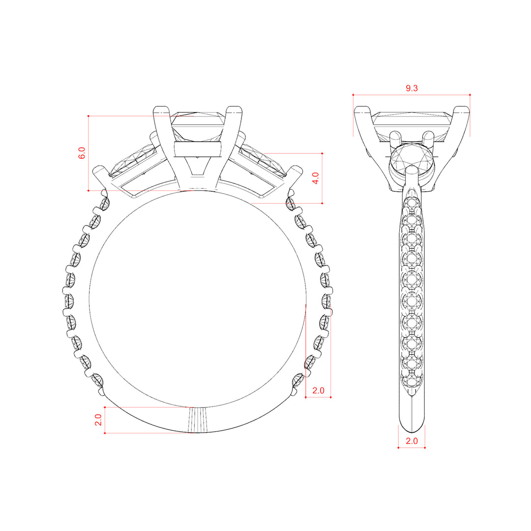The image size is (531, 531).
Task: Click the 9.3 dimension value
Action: tap(412, 88)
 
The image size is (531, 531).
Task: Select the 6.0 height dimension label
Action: tap(82, 153)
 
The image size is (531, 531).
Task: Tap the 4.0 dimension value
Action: tap(315, 178)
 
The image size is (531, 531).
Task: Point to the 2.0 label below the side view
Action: tap(412, 441)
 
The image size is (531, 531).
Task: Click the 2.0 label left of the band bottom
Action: tap(98, 420)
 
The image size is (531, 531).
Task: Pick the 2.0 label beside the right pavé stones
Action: tap(318, 390)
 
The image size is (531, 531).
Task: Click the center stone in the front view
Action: tap(198, 127)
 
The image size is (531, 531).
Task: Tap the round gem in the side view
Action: tap(412, 158)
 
